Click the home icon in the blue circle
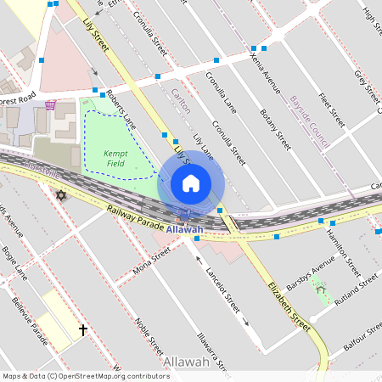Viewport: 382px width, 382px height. tap(191, 183)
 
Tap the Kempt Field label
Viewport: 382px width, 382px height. tap(115, 158)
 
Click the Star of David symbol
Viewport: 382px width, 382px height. tap(60, 196)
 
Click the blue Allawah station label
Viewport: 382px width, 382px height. tap(184, 230)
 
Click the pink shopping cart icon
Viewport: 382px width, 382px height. tap(50, 104)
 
